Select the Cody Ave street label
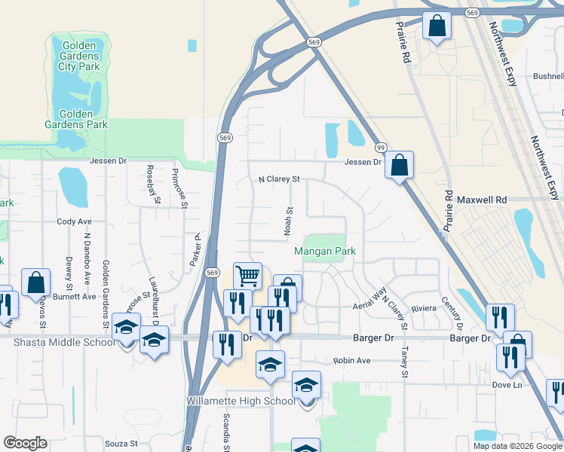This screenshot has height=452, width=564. tap(74, 222)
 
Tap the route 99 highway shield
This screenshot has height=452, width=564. tap(381, 148)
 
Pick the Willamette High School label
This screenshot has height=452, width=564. tap(241, 401)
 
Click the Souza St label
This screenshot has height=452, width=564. tap(121, 444)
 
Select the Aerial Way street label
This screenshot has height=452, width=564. tap(370, 300)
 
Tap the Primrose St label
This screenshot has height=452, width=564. tap(175, 182)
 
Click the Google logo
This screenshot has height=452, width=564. tap(26, 443)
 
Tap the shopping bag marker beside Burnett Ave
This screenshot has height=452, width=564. tap(35, 282)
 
